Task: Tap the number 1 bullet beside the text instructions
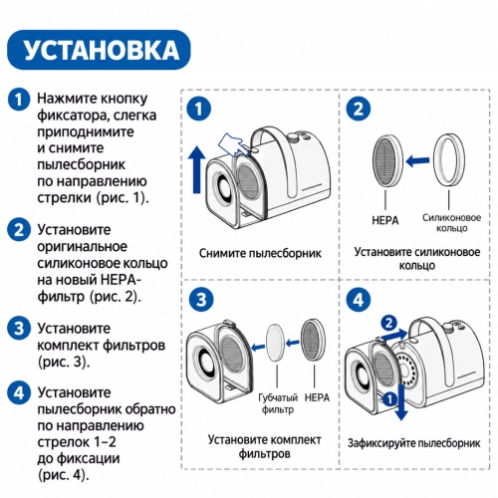pos(19,99)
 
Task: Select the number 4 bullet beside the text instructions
pos(19,392)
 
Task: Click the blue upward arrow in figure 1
pos(196,169)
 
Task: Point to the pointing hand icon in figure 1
pos(233,143)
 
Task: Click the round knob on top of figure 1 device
pos(294,136)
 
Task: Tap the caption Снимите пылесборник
pos(260,253)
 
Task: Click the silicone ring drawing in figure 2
pos(448,159)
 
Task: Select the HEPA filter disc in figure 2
pos(387,160)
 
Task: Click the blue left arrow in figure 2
pos(417,161)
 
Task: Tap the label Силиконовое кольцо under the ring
pos(451,223)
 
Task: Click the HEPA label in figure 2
pos(385,220)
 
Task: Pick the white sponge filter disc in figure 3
pos(276,343)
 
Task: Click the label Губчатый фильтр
pos(278,403)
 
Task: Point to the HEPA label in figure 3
pos(317,397)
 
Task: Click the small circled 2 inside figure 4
pos(388,323)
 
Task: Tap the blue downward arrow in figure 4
pos(401,402)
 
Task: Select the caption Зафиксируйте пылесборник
pos(414,443)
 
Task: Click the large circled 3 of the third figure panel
pos(201,300)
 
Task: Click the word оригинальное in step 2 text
pos(82,247)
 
